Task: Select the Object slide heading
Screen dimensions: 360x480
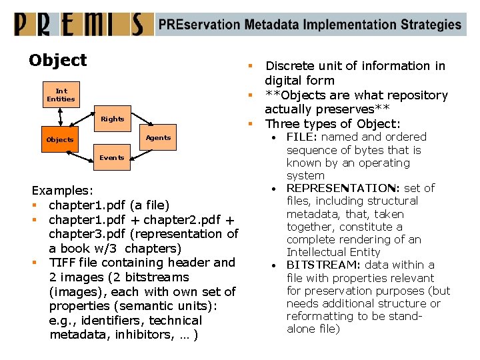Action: tap(58, 60)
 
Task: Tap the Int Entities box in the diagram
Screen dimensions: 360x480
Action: tap(61, 95)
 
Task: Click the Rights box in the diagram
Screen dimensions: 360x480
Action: tap(113, 119)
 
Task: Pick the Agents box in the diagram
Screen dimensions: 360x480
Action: tap(158, 138)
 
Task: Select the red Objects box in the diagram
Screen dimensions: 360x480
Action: tap(60, 140)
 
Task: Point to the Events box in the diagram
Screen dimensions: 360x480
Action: tap(112, 158)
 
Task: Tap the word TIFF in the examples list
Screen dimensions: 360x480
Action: tap(63, 263)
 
